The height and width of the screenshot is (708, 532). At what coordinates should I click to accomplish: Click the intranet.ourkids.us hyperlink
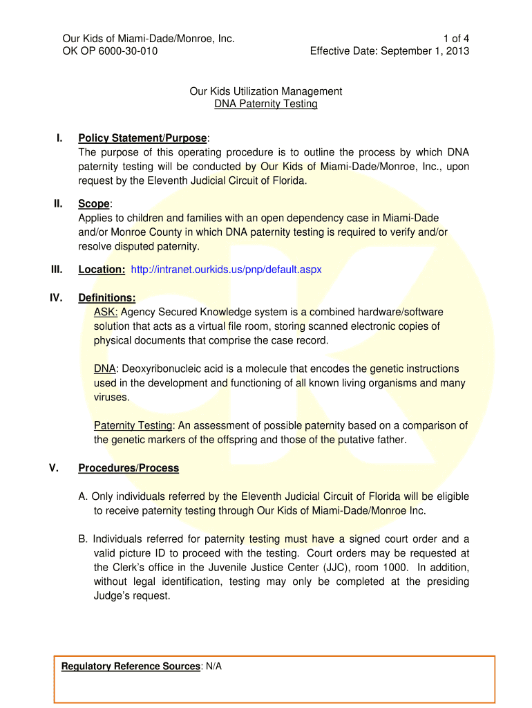click(x=226, y=270)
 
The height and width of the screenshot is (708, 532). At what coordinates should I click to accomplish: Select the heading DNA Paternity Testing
click(x=266, y=104)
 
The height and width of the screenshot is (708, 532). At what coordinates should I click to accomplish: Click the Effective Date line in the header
click(x=390, y=50)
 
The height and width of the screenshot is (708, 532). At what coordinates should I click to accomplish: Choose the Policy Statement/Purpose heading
click(x=142, y=138)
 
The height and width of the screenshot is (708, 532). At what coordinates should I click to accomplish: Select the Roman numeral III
click(x=57, y=269)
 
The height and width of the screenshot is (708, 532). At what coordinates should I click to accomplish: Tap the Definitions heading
click(x=107, y=298)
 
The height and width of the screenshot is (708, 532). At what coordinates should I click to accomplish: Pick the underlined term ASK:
click(x=106, y=313)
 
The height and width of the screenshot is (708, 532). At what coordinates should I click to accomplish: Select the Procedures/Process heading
click(x=129, y=468)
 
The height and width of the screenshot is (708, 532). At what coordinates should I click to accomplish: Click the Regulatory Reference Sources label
click(x=131, y=667)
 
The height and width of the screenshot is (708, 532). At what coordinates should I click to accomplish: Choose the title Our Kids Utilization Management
click(x=266, y=91)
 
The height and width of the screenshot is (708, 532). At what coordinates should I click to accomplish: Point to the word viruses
click(x=111, y=398)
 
